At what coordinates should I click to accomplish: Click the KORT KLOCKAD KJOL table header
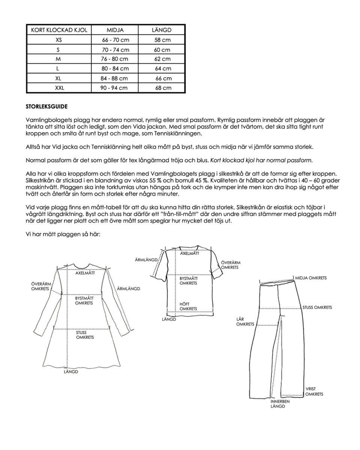(x=58, y=30)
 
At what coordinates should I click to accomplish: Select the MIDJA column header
(x=115, y=30)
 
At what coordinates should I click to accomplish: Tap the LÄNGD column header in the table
(x=162, y=30)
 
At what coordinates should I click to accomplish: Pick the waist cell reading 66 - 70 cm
(x=115, y=40)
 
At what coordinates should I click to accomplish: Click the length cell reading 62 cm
(x=162, y=59)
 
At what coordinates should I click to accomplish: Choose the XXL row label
(x=58, y=88)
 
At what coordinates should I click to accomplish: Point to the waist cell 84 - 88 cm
(x=115, y=78)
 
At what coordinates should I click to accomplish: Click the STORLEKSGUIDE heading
(x=46, y=107)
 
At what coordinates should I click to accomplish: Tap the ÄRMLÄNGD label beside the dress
(x=128, y=288)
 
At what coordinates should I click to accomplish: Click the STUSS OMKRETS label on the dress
(x=85, y=334)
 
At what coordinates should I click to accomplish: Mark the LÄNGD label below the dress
(x=70, y=372)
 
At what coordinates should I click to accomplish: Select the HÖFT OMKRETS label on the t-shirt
(x=188, y=306)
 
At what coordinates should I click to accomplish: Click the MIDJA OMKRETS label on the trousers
(x=311, y=278)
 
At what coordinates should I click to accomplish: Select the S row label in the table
(x=58, y=49)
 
